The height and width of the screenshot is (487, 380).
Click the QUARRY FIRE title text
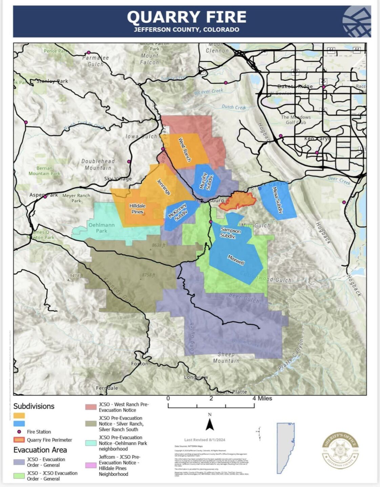point(186,17)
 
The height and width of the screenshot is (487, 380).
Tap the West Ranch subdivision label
point(185,149)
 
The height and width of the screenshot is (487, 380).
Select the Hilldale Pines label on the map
point(138,209)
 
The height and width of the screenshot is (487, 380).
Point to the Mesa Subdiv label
point(277,200)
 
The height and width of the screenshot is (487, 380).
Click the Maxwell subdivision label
point(236,260)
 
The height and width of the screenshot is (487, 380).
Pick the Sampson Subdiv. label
point(230,233)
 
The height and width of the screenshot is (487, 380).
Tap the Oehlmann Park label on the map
point(102,228)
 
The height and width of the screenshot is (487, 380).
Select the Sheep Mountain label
point(226,357)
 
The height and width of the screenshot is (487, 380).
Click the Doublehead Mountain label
point(98,164)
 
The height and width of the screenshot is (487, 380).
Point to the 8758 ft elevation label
point(149,275)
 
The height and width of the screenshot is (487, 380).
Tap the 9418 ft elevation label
point(76,276)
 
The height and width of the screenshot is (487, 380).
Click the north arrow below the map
point(210,424)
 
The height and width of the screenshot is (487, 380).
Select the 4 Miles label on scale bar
point(262,398)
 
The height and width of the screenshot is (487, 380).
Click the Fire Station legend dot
point(19,432)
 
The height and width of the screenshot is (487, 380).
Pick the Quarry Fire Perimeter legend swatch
point(19,440)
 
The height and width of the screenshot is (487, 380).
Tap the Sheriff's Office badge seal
point(340,450)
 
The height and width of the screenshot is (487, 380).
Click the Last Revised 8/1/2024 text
point(205,440)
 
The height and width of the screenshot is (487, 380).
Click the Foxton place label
point(140,364)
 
